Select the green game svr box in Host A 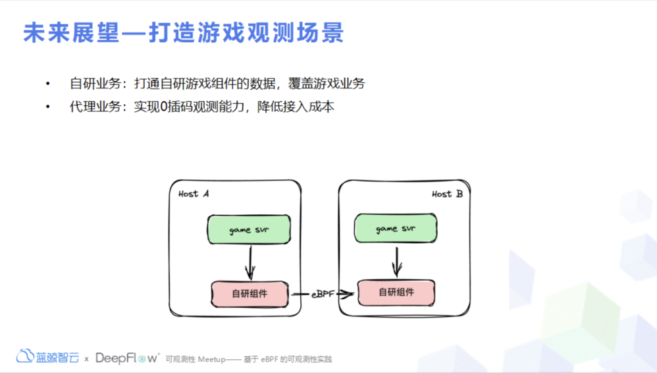249,229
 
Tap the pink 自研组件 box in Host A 250,294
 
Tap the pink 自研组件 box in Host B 396,292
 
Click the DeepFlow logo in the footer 128,358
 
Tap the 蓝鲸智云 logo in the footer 48,357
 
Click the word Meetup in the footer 212,359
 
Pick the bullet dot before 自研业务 47,84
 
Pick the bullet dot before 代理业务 47,107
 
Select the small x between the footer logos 86,359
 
